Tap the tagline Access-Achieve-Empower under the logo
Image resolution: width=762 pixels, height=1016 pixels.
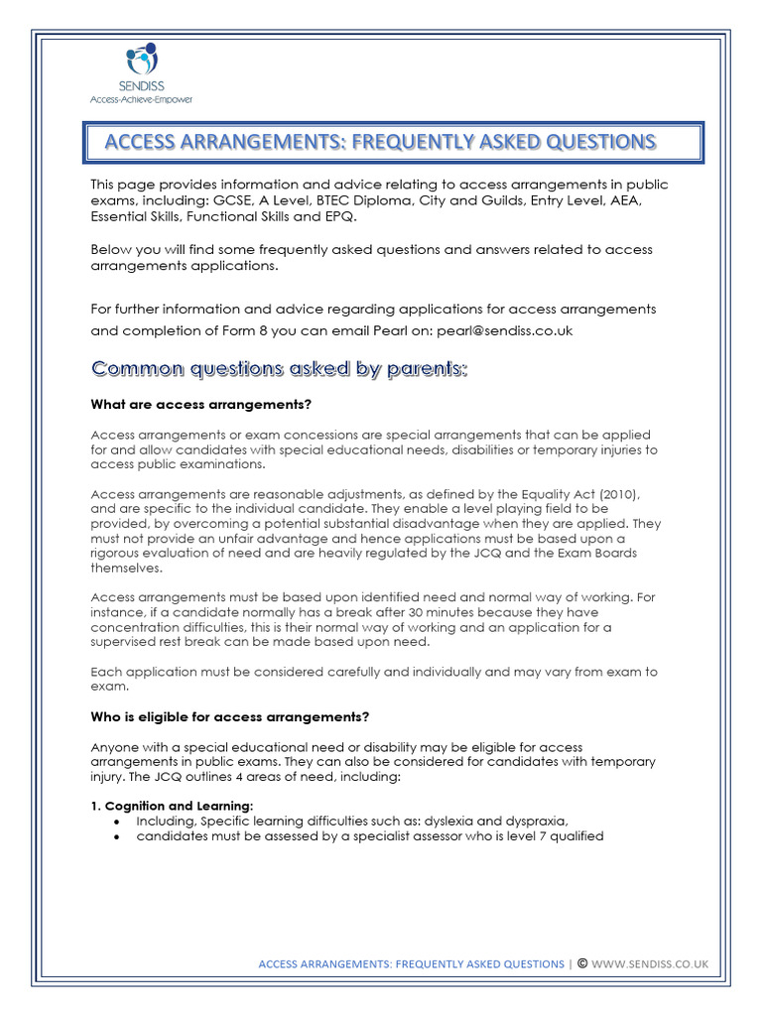(x=141, y=99)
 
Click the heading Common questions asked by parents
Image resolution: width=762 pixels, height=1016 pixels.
(x=279, y=369)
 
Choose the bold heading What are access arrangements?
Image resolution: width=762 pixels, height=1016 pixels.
(x=200, y=404)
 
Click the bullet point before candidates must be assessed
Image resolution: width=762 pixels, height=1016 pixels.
(x=117, y=837)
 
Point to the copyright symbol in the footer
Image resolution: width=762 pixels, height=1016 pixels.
(x=581, y=962)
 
